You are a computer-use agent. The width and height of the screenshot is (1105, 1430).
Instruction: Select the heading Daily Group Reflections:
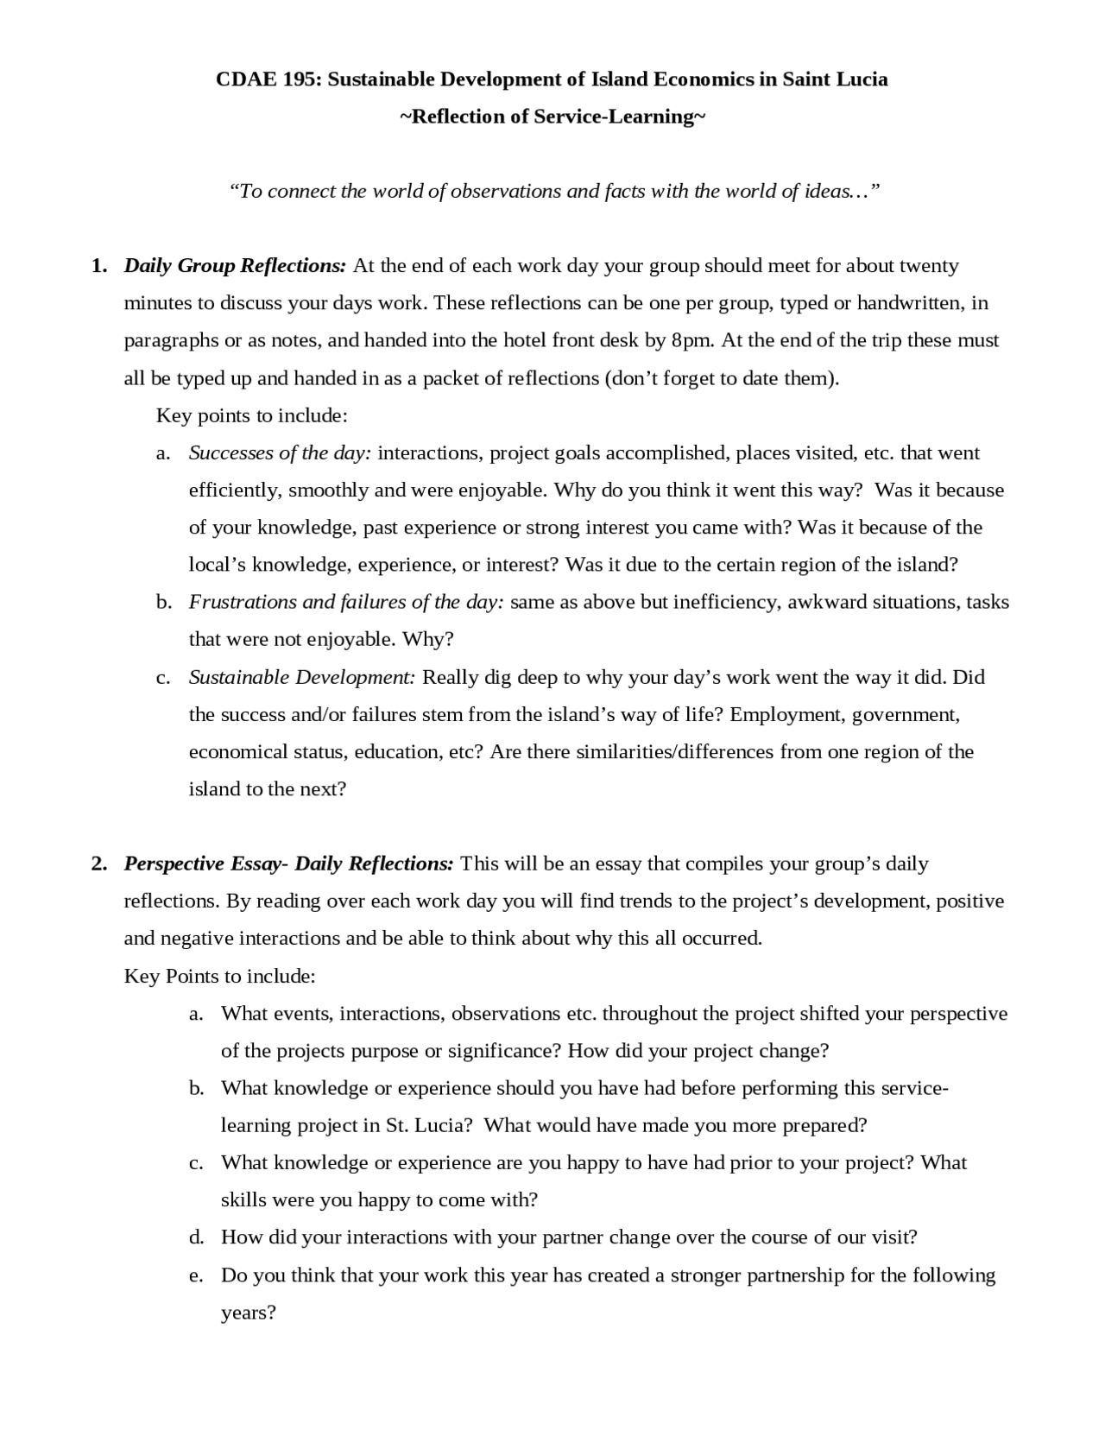pos(235,266)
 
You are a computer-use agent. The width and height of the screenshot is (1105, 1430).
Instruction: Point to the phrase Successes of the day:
pos(280,452)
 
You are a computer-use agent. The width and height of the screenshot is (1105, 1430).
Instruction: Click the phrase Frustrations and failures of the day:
pos(346,602)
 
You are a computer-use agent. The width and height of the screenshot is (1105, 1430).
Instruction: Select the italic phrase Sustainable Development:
pos(302,677)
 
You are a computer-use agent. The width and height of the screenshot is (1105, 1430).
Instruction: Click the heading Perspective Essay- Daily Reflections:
pos(288,864)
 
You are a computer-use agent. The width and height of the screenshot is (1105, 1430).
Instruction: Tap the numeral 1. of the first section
pos(99,266)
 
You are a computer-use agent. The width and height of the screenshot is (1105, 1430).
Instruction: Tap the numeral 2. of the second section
pos(99,864)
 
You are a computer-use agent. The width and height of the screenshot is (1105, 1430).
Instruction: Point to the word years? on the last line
pos(249,1313)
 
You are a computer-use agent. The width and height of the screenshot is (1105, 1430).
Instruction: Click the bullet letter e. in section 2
pos(196,1275)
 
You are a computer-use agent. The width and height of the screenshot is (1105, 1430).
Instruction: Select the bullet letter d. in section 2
pos(196,1237)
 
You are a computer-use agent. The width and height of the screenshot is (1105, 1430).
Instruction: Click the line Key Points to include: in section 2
pos(220,976)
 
